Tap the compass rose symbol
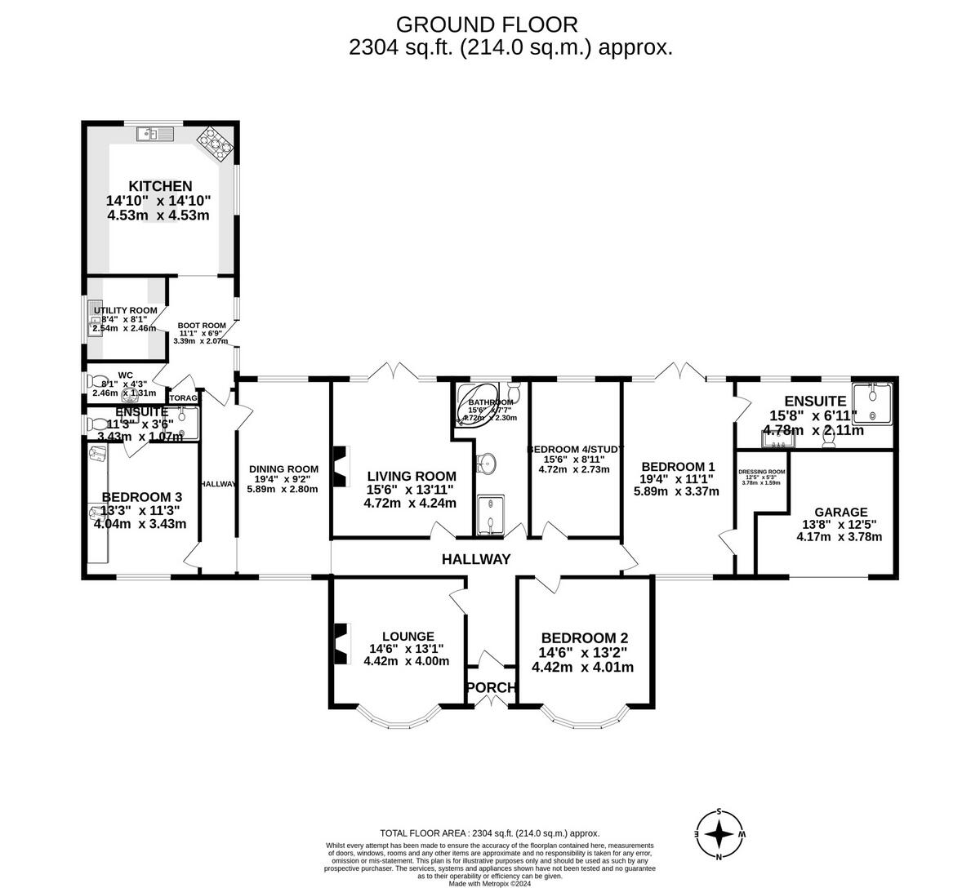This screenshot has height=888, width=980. tap(719, 834)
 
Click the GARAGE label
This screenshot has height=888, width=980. tap(839, 513)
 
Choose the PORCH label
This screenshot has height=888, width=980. tap(491, 688)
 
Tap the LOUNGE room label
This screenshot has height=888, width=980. tap(407, 637)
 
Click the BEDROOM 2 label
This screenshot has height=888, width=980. tap(584, 638)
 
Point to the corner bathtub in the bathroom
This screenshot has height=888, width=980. tap(483, 405)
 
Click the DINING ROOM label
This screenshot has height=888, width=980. tap(282, 468)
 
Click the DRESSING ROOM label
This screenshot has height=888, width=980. tap(761, 472)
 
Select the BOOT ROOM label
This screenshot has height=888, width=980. tap(202, 326)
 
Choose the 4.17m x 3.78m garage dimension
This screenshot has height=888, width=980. tap(839, 536)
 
